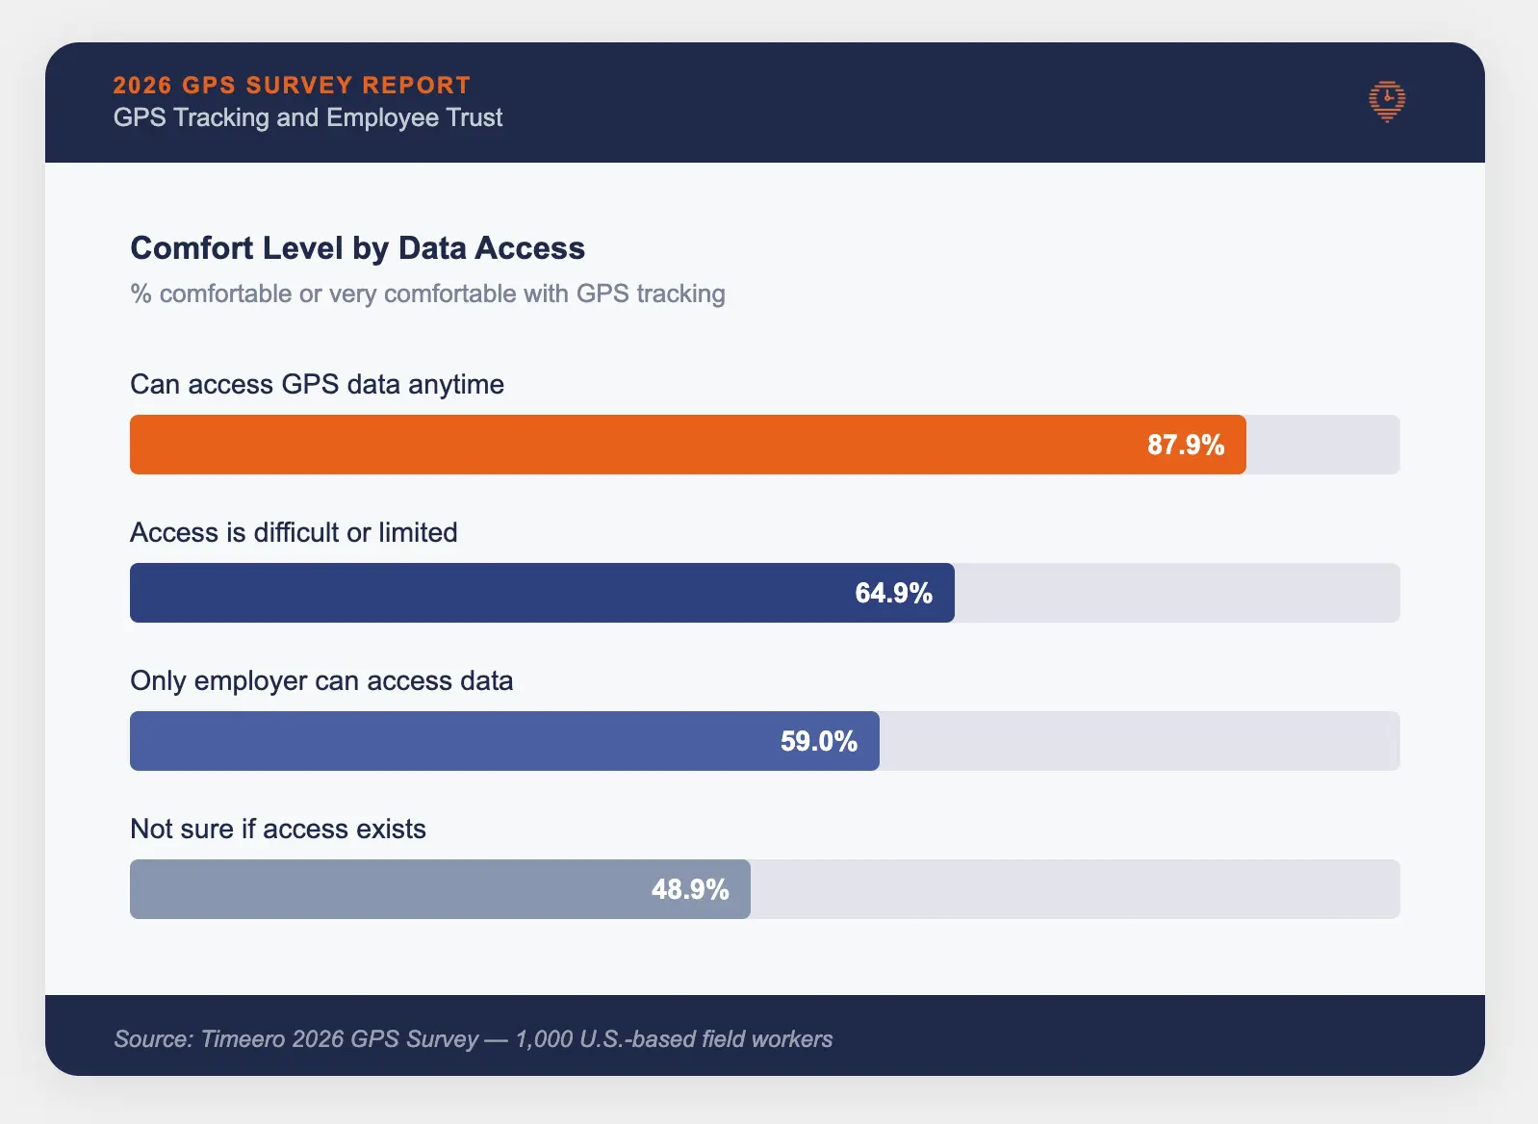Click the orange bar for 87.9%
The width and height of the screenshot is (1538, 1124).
tap(635, 445)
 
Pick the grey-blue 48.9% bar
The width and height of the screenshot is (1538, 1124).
tap(385, 889)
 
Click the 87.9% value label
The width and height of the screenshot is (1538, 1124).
tap(1186, 445)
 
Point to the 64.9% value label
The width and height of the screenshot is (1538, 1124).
tap(893, 593)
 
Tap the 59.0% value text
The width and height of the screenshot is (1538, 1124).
tap(818, 741)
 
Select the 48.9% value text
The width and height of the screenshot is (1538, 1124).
tap(689, 889)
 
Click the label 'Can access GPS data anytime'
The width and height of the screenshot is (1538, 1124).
tap(317, 384)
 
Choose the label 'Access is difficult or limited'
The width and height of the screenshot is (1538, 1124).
tap(294, 532)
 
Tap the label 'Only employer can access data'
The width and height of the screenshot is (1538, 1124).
tap(321, 680)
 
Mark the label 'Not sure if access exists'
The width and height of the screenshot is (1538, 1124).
tap(277, 829)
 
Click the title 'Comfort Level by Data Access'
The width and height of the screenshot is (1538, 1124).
tap(357, 248)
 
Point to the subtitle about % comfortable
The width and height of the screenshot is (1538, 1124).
tap(427, 294)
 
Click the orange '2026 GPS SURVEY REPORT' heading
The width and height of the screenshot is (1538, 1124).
tap(292, 85)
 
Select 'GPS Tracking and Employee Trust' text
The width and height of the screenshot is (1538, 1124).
tap(308, 117)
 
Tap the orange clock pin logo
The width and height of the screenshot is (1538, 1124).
tap(1387, 101)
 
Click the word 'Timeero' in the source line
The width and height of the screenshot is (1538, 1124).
tap(243, 1039)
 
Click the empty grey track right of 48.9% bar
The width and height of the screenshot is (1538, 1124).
tap(1073, 889)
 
